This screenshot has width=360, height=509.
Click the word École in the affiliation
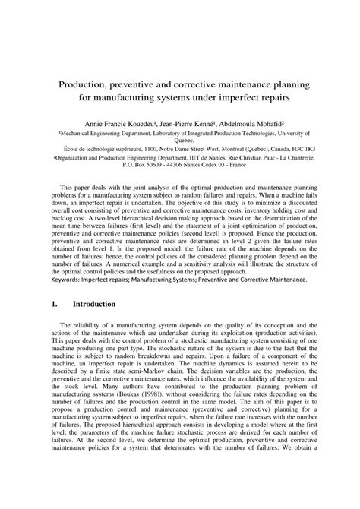pyautogui.click(x=65, y=149)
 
